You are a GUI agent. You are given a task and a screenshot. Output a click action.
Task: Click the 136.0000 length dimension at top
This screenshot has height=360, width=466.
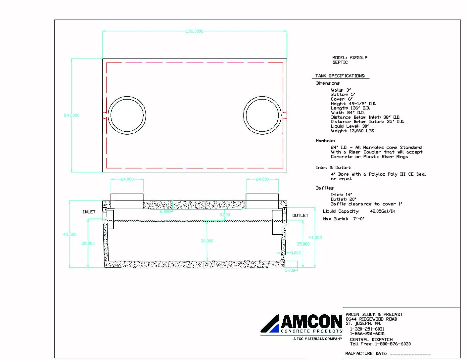click(195, 31)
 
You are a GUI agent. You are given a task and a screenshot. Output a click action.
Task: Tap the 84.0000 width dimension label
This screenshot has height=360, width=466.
click(71, 115)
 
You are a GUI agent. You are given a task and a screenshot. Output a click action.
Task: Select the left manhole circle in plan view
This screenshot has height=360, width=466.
click(127, 115)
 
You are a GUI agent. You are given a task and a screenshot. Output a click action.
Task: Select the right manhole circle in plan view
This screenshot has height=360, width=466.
click(262, 115)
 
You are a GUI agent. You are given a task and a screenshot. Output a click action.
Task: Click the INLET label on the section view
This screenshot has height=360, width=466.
click(89, 212)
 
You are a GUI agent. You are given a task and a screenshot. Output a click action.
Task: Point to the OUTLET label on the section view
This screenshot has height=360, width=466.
click(300, 215)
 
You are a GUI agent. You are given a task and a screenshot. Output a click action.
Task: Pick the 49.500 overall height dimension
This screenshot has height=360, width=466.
click(70, 234)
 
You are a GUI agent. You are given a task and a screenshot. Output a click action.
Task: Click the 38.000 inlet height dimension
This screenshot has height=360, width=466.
click(88, 243)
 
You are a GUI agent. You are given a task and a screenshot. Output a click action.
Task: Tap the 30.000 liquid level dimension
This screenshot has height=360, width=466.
click(207, 241)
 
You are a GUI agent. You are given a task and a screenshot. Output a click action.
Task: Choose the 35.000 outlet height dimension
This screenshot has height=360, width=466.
click(303, 244)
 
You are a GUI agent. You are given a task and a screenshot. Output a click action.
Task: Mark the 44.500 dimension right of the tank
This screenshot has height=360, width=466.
click(315, 238)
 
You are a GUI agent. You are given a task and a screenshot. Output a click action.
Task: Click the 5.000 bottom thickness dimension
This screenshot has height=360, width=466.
click(290, 270)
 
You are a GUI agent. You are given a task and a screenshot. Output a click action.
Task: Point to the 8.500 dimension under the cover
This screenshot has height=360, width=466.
click(225, 215)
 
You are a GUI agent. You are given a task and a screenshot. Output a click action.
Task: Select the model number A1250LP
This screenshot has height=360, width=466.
click(358, 58)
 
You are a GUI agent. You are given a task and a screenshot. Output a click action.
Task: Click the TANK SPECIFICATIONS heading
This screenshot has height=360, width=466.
click(340, 76)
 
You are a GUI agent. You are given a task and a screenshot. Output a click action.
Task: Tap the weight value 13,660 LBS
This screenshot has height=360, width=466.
click(362, 131)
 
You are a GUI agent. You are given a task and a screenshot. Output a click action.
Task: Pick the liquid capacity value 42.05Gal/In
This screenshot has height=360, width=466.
click(382, 211)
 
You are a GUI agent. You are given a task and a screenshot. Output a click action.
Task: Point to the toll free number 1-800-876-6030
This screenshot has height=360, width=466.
click(393, 344)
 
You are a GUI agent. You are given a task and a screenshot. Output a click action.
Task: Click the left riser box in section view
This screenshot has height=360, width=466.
click(127, 201)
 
